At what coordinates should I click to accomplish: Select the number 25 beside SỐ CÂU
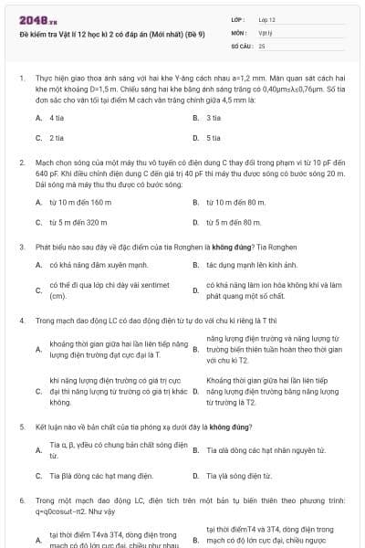point(262,45)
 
